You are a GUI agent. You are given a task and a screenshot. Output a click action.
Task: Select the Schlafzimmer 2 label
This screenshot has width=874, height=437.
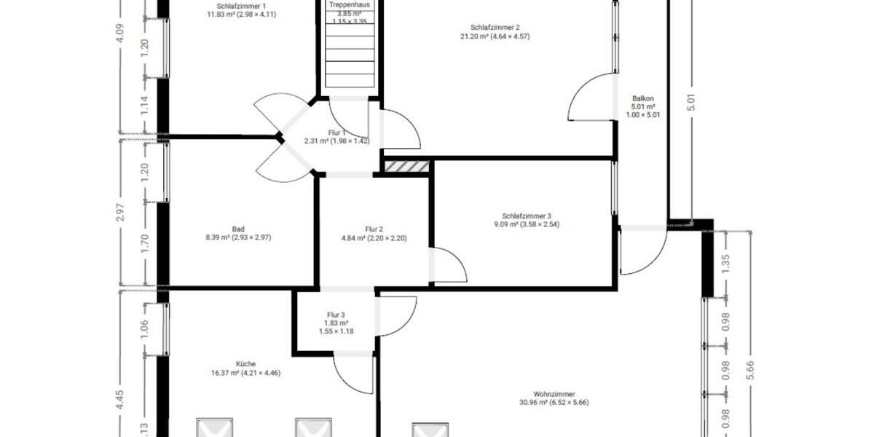pyautogui.click(x=495, y=28)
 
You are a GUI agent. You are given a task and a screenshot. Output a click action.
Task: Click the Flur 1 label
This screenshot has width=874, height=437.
pyautogui.click(x=336, y=133)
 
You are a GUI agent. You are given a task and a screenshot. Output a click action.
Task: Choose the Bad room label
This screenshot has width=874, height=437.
pyautogui.click(x=238, y=228)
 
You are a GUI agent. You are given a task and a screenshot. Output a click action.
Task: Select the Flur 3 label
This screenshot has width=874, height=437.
pyautogui.click(x=336, y=315)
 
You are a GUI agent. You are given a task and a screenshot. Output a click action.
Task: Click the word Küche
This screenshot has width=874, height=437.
pyautogui.click(x=245, y=364)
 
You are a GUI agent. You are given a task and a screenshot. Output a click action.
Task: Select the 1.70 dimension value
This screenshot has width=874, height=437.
pyautogui.click(x=144, y=242)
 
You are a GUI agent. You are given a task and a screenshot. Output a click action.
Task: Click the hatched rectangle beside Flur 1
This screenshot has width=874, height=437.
pyautogui.click(x=406, y=167)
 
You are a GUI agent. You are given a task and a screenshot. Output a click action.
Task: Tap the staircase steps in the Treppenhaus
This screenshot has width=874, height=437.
pyautogui.click(x=349, y=62)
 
